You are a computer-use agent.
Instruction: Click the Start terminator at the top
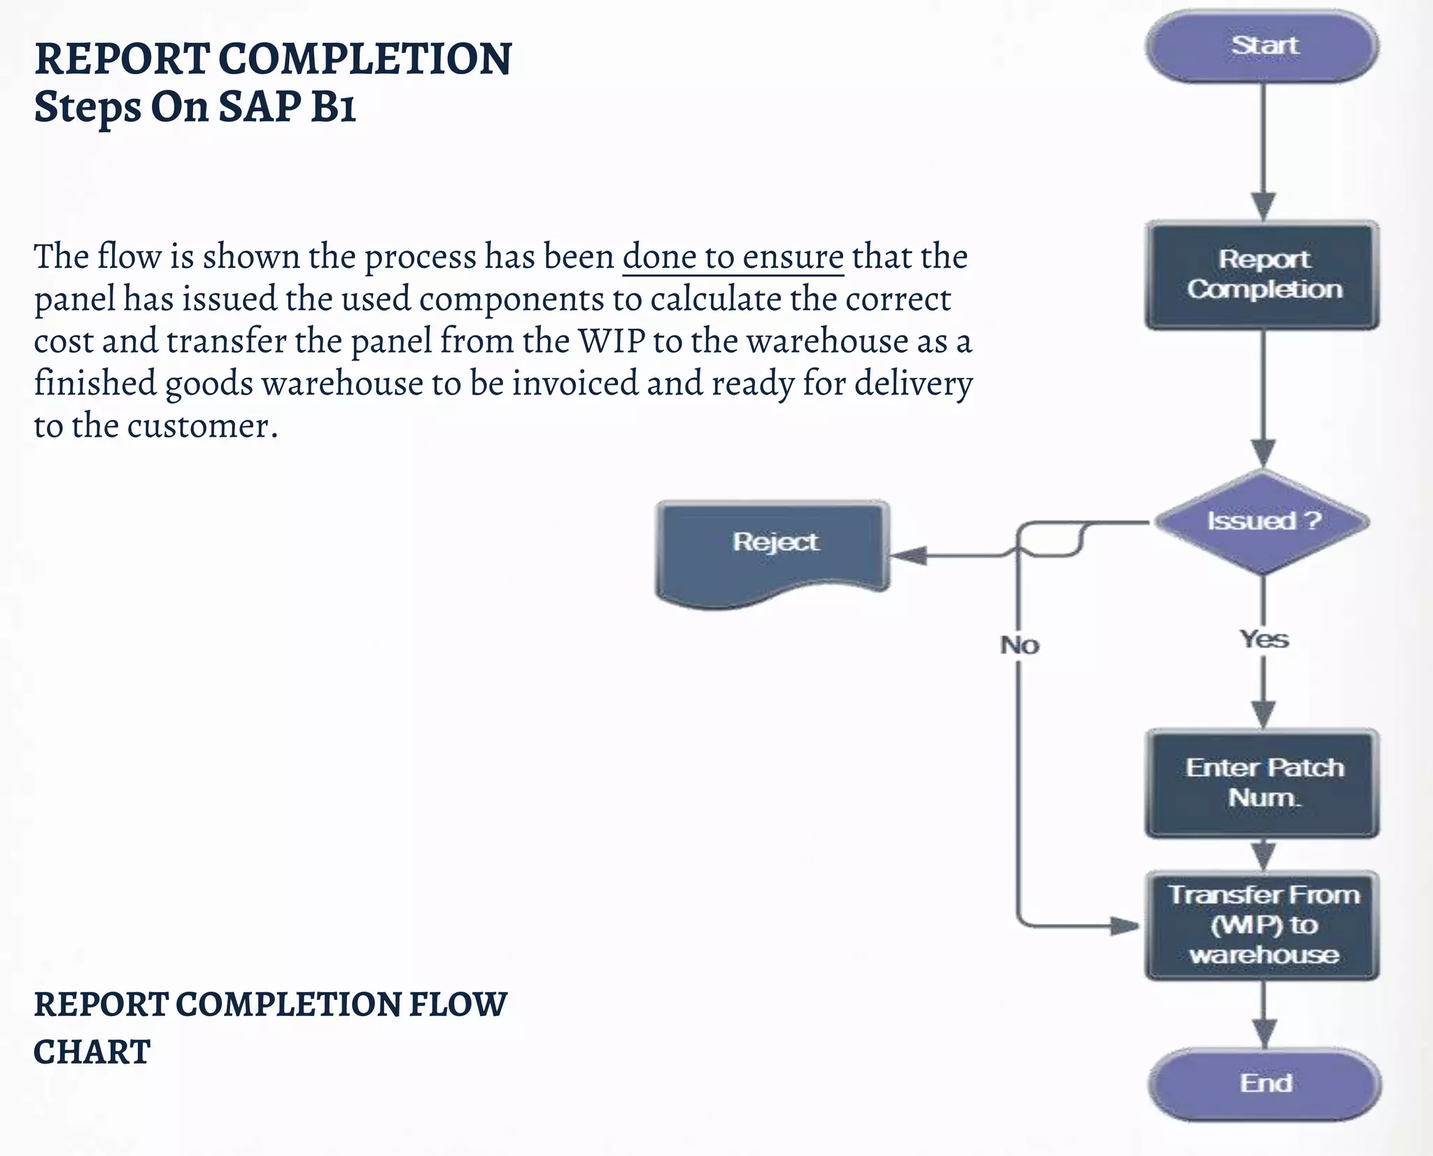pyautogui.click(x=1262, y=46)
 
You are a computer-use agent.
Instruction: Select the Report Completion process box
pyautogui.click(x=1262, y=275)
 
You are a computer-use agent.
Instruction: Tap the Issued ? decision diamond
pyautogui.click(x=1262, y=521)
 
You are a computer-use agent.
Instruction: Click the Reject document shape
pyautogui.click(x=772, y=549)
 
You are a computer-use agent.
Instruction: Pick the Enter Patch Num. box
pyautogui.click(x=1262, y=783)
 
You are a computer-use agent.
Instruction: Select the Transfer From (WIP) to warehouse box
pyautogui.click(x=1262, y=925)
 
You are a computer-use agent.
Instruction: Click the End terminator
pyautogui.click(x=1264, y=1083)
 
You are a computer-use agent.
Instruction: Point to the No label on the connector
pyautogui.click(x=1019, y=645)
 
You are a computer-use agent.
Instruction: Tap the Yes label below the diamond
pyautogui.click(x=1264, y=639)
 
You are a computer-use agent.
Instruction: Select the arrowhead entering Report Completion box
pyautogui.click(x=1263, y=206)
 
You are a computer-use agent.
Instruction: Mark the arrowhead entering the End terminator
pyautogui.click(x=1263, y=1034)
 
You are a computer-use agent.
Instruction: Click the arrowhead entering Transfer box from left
pyautogui.click(x=1126, y=926)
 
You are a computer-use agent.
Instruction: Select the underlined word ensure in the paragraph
pyautogui.click(x=793, y=256)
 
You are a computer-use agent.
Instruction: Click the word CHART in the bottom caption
pyautogui.click(x=92, y=1052)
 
